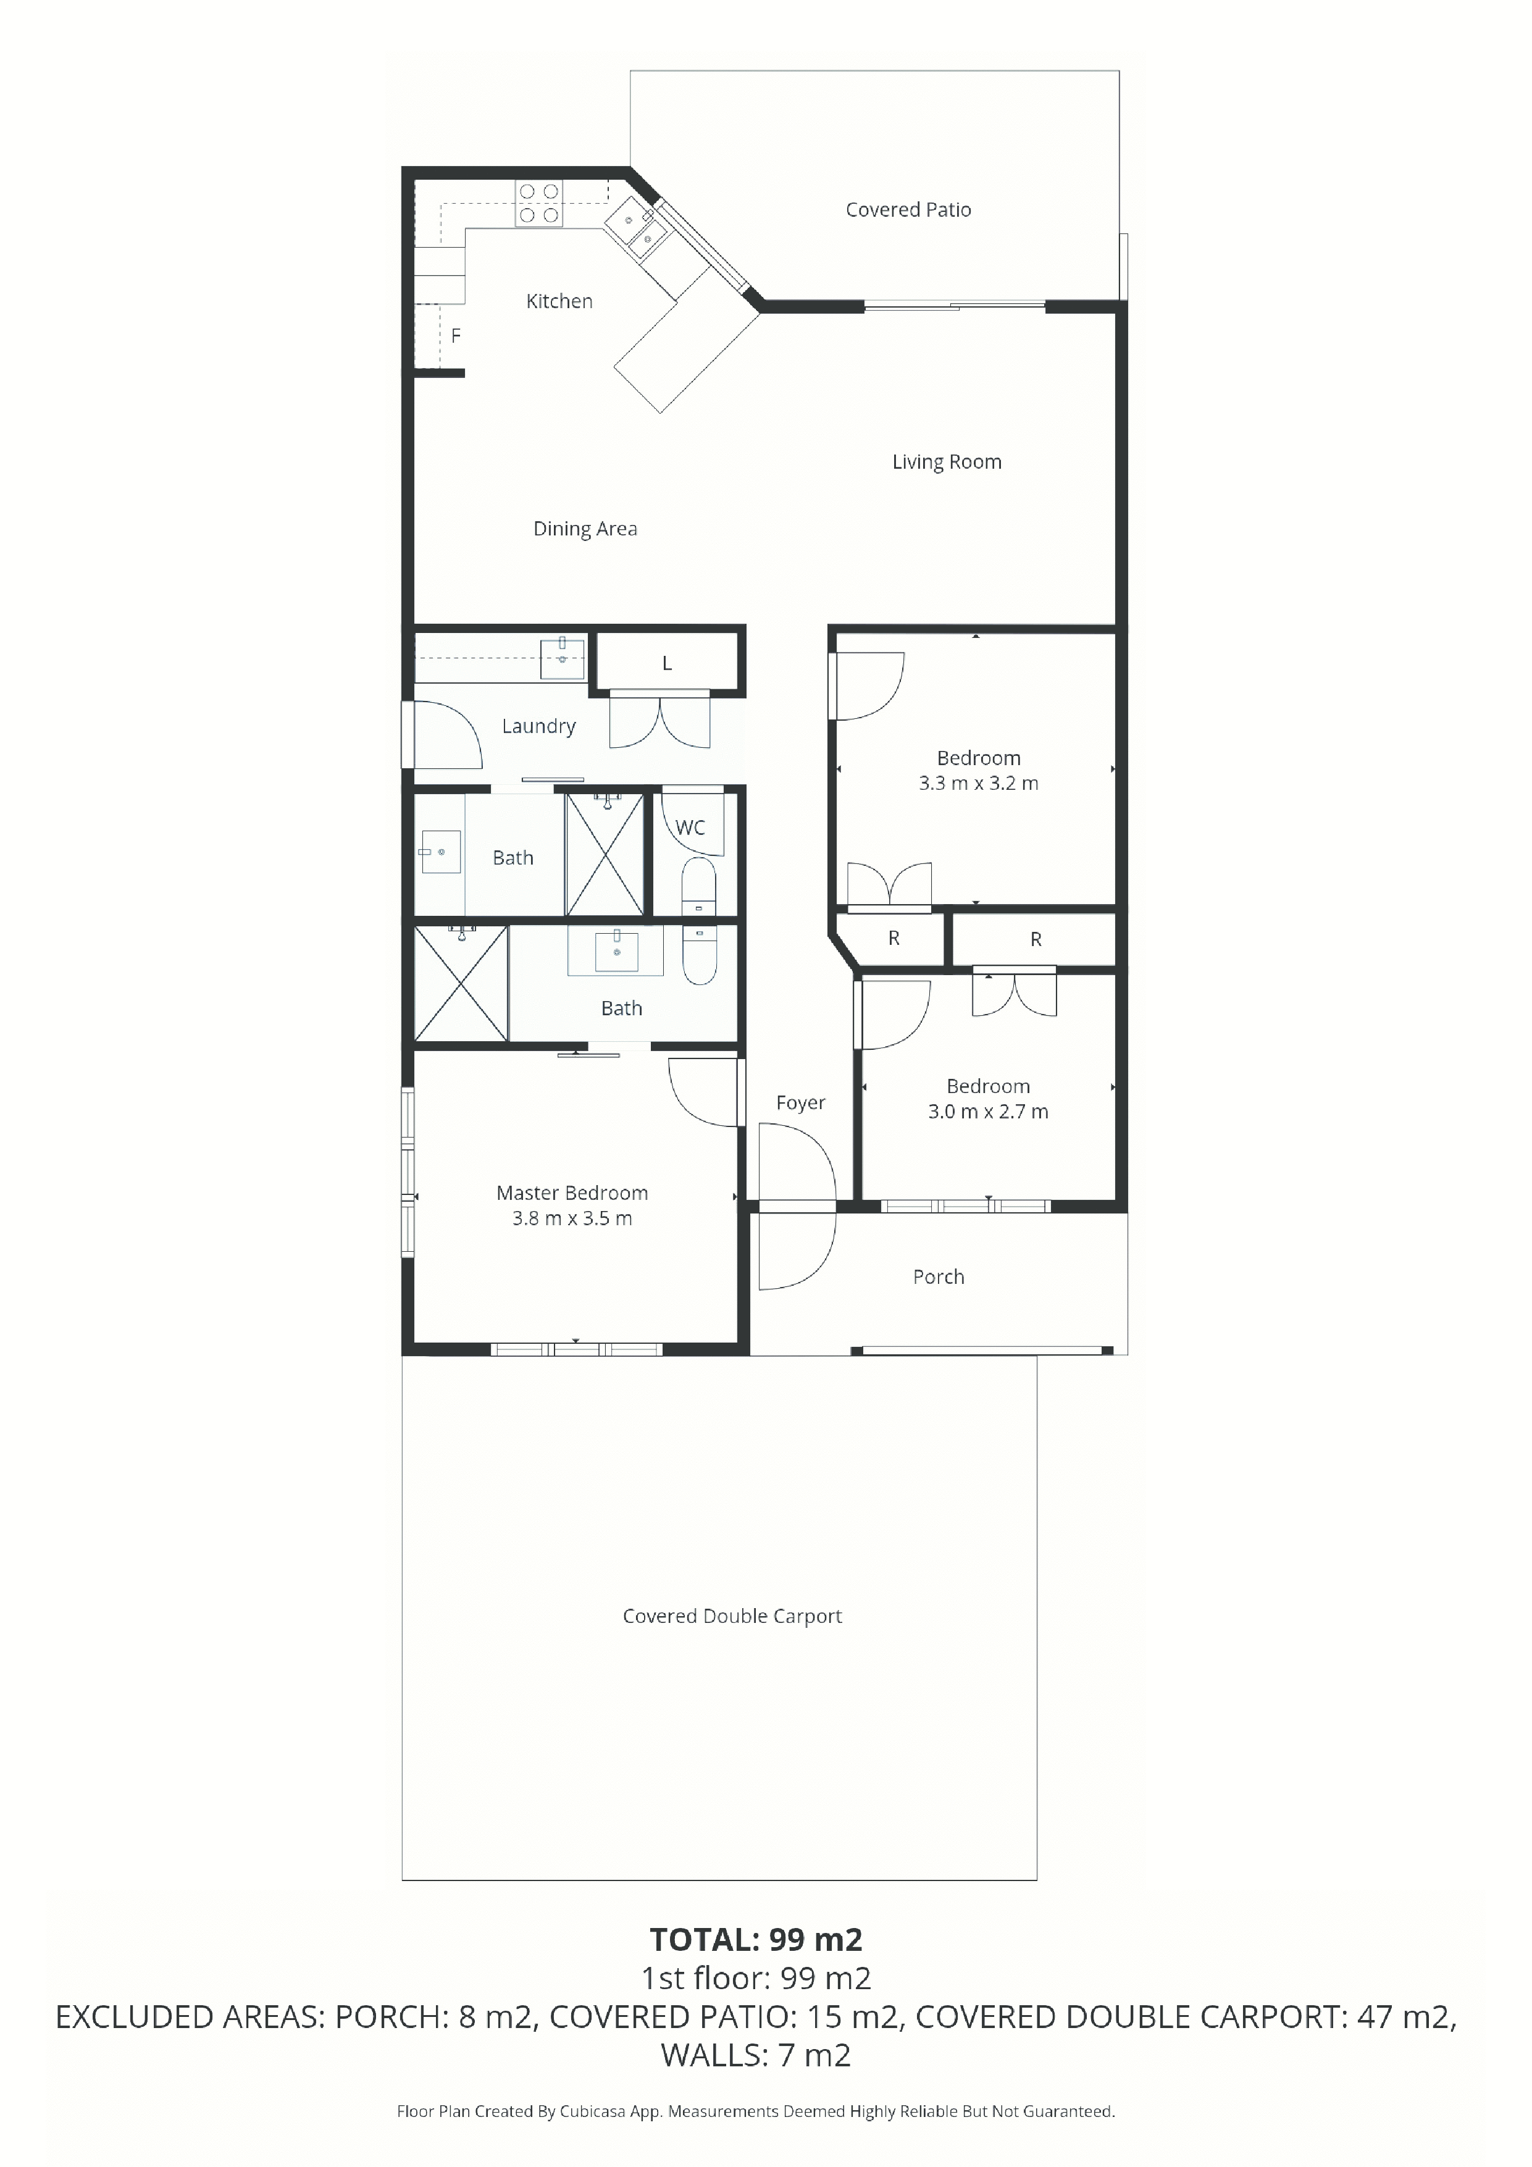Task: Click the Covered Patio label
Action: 908,209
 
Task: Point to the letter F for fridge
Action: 456,335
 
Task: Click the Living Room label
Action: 947,461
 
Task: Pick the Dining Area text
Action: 585,529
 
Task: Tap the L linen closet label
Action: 666,663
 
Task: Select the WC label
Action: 690,828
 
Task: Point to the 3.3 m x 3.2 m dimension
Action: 979,783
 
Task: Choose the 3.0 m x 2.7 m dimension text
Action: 988,1112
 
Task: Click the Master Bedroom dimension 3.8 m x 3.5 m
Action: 572,1218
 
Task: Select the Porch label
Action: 938,1277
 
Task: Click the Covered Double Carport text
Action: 732,1616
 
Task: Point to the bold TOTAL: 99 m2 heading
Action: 756,1940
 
